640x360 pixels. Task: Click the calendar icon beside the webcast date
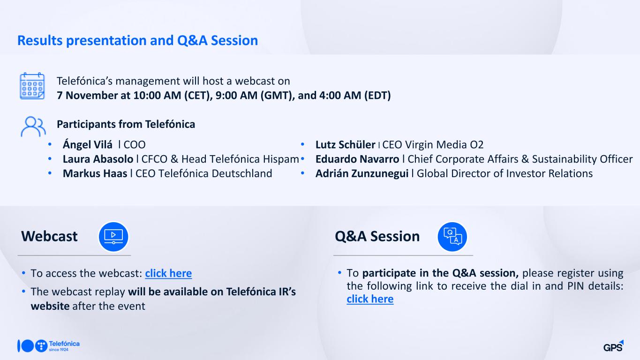point(32,86)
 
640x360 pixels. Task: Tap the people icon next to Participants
point(33,126)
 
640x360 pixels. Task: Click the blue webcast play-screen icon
point(113,237)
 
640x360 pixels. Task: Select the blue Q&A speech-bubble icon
point(452,237)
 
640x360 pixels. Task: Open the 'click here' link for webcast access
point(168,273)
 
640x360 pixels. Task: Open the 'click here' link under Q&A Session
point(370,299)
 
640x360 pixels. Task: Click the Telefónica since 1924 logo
point(49,346)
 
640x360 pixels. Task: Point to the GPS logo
point(613,346)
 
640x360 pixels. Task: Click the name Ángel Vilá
point(87,144)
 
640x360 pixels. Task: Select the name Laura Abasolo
point(98,159)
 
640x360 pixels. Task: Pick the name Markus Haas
point(95,173)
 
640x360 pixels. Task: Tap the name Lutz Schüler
point(345,144)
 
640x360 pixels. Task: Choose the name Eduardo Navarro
point(357,159)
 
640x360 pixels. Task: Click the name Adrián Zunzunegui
point(362,174)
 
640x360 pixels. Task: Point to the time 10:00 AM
point(157,96)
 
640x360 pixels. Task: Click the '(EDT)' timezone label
point(377,96)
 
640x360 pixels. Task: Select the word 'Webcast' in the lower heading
point(49,236)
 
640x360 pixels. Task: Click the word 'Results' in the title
point(40,40)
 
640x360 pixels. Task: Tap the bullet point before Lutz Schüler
point(302,144)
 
